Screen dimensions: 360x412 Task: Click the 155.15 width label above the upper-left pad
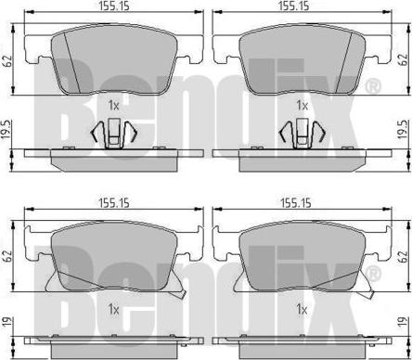111,6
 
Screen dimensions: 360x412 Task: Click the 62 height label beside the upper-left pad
7,62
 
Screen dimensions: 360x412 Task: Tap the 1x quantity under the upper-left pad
113,106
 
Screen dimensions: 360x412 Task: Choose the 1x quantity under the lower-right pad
302,308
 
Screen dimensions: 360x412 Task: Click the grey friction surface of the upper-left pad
111,60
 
